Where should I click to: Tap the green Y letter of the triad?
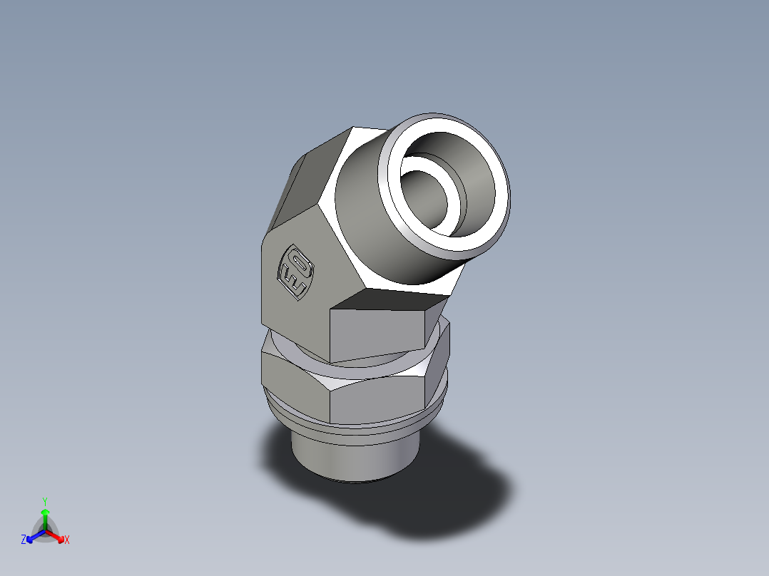pyautogui.click(x=44, y=500)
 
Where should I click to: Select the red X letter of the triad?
pyautogui.click(x=67, y=540)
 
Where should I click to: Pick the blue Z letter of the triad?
pyautogui.click(x=24, y=540)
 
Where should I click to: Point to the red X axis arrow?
pyautogui.click(x=57, y=536)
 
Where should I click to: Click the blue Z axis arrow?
pyautogui.click(x=34, y=536)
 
